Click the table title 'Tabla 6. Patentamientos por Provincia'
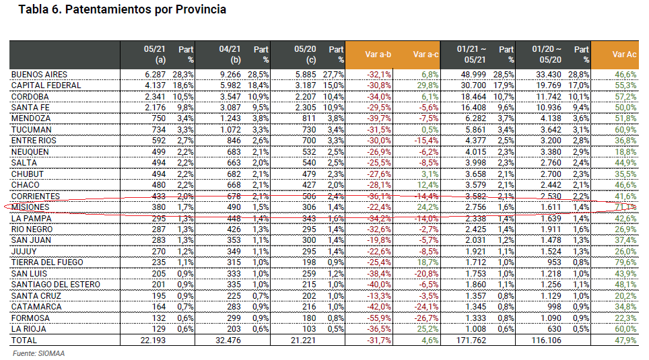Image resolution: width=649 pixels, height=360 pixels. pos(122,10)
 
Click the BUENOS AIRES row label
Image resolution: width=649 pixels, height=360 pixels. pos(39,74)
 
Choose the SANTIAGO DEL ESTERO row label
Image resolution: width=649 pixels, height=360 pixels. pos(55,285)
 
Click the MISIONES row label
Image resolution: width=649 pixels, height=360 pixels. pos(32,207)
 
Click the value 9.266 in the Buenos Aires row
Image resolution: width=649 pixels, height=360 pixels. pos(228,74)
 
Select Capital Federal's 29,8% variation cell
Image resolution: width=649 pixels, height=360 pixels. pos(428,85)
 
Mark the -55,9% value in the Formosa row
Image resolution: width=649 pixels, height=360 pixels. pos(378,318)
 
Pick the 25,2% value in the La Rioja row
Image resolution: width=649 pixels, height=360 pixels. pos(428,329)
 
